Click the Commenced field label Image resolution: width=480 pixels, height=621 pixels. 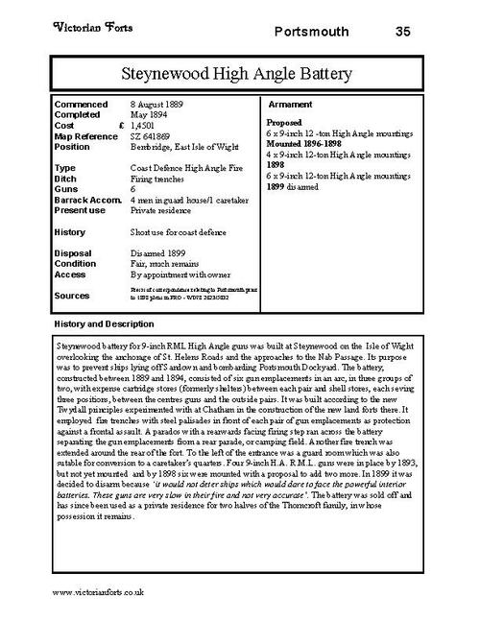pos(82,103)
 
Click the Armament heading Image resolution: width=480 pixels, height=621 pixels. pos(289,103)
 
